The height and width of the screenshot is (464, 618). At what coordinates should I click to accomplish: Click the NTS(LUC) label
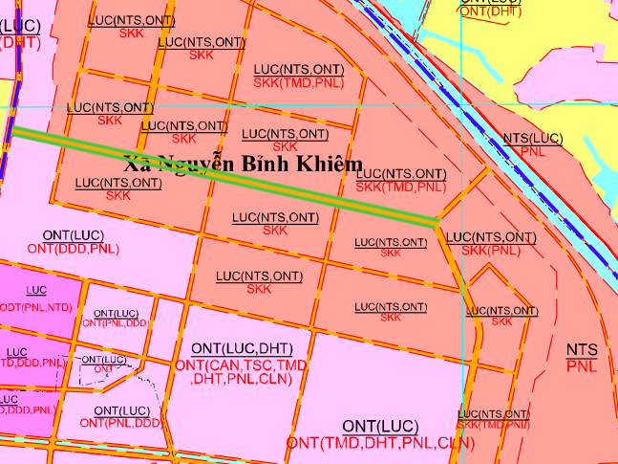pyautogui.click(x=533, y=139)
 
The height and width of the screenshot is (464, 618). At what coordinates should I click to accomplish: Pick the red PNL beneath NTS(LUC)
pyautogui.click(x=532, y=151)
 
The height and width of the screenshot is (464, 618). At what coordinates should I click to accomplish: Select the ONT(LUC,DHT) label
pyautogui.click(x=242, y=348)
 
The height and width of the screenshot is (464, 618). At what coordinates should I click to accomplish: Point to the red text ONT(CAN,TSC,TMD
pyautogui.click(x=242, y=365)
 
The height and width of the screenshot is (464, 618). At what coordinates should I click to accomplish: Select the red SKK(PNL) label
pyautogui.click(x=491, y=251)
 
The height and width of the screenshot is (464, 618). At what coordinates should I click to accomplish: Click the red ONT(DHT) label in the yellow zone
pyautogui.click(x=489, y=11)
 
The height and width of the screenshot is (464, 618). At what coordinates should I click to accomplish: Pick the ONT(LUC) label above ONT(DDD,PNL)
pyautogui.click(x=74, y=235)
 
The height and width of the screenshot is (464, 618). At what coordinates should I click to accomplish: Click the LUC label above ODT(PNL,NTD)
pyautogui.click(x=37, y=290)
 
